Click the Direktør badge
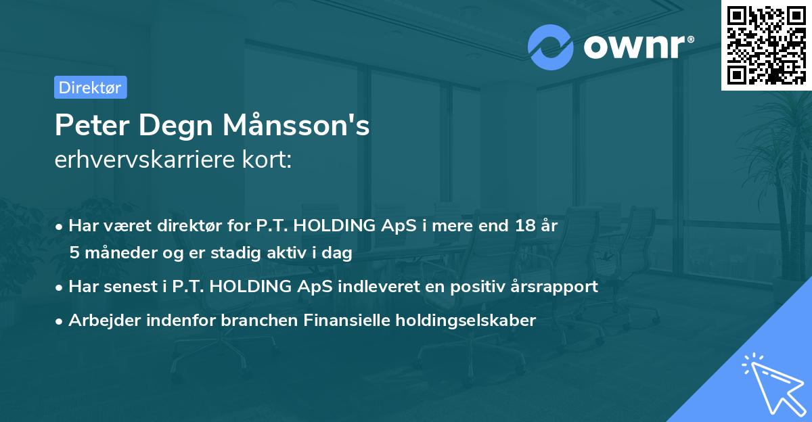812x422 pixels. (90, 87)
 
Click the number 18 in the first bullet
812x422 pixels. (519, 226)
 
